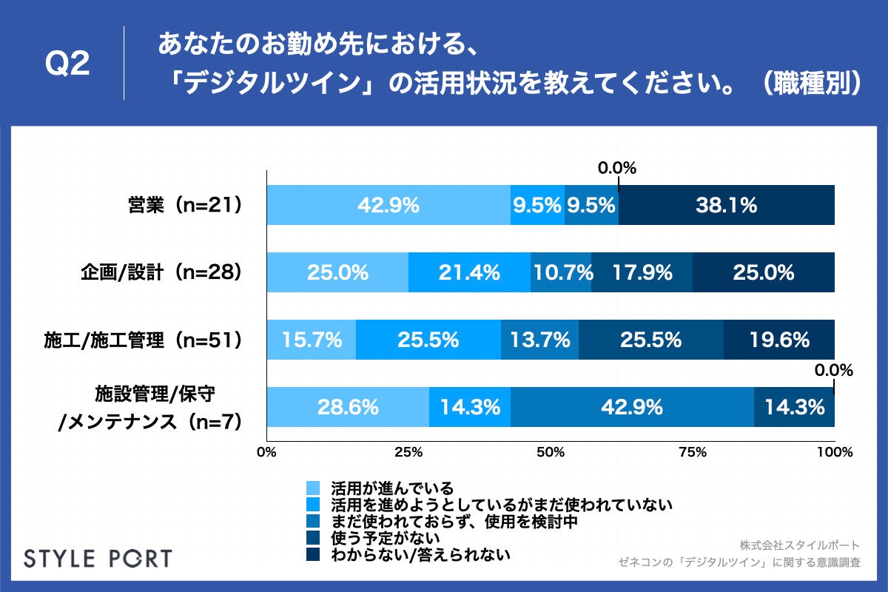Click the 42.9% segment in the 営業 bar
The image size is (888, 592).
pos(388,205)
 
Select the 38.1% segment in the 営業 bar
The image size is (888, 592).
pos(726,205)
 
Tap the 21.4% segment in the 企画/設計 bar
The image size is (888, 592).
pos(469,272)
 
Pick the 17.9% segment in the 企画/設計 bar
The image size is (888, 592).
pos(642,272)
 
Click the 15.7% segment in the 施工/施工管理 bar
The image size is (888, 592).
pos(311,340)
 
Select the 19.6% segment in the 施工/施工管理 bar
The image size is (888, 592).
pos(778,340)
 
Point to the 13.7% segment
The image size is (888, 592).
pos(539,340)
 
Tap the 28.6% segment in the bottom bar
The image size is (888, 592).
pos(348,407)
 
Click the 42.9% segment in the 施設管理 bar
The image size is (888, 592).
pos(632,407)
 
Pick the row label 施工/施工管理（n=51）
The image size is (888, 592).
pos(143,340)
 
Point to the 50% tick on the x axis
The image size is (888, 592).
pos(550,452)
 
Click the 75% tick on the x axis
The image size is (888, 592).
pos(692,452)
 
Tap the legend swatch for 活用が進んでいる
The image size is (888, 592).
pos(312,488)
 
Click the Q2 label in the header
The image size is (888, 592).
pos(67,64)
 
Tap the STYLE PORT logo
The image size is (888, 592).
pos(98,558)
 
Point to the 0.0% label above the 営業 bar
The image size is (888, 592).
pos(617,169)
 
